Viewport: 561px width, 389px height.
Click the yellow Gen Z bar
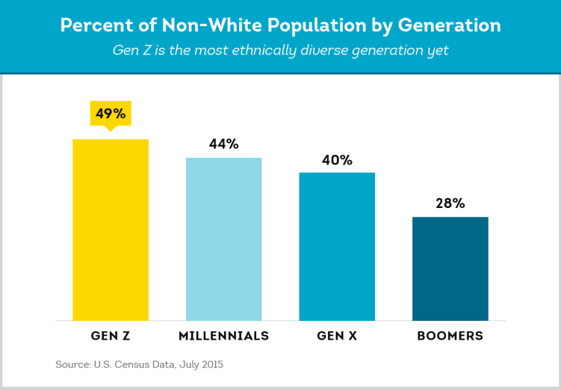click(111, 230)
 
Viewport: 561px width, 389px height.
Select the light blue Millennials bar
click(223, 239)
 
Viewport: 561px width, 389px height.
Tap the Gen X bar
click(337, 246)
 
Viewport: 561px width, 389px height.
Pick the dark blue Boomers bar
click(450, 269)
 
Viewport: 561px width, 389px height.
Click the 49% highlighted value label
click(111, 114)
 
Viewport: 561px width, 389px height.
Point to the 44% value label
click(223, 144)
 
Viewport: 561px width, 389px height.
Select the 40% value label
click(337, 159)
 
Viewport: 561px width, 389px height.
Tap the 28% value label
click(450, 203)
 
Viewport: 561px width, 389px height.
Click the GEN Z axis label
click(111, 336)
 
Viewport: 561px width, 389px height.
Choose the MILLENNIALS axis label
click(223, 336)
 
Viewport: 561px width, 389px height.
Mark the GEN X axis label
click(337, 336)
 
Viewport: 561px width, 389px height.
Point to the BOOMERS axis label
click(450, 336)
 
